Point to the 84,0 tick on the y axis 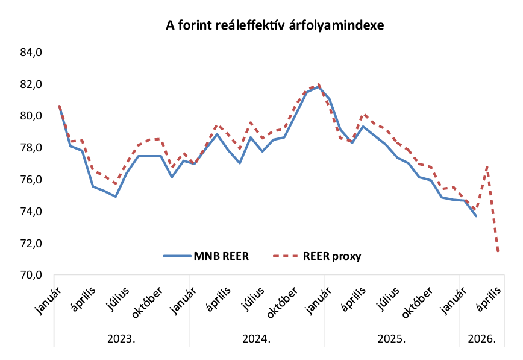(x=31, y=52)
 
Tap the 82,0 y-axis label (x=31, y=84)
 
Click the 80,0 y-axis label (x=31, y=116)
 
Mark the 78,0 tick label (x=31, y=148)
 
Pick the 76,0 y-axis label (x=31, y=180)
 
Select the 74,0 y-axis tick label (x=31, y=212)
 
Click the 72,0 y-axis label (x=31, y=244)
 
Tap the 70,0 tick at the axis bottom (x=31, y=275)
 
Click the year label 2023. (x=122, y=338)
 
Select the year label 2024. (x=257, y=338)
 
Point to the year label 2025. (x=392, y=338)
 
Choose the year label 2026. (x=481, y=338)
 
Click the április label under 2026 (x=489, y=298)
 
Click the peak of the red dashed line (x=319, y=84)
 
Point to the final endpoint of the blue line (x=476, y=216)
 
